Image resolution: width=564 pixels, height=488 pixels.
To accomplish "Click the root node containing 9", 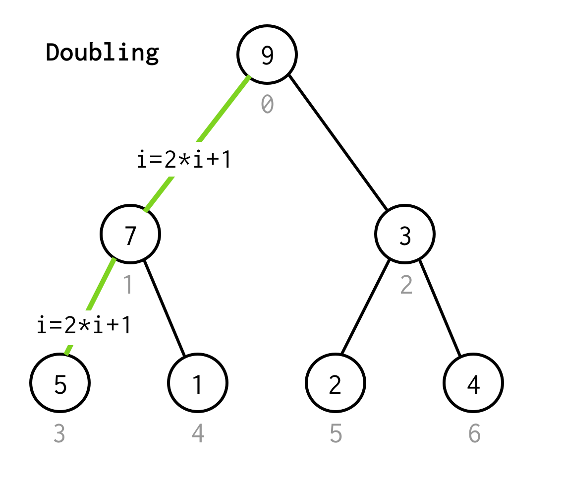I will click(267, 55).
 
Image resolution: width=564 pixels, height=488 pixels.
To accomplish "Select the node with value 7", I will click(130, 234).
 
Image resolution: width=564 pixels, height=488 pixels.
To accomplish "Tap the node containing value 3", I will click(405, 234).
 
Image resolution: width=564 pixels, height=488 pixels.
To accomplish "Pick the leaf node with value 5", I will click(60, 383).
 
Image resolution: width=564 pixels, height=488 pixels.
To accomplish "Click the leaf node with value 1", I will click(198, 383).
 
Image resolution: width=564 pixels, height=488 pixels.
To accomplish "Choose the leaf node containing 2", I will click(336, 383).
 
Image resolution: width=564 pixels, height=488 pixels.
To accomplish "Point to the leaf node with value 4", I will click(473, 383).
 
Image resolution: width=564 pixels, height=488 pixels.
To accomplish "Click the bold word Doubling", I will click(103, 52).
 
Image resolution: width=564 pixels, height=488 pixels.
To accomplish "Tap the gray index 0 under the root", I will click(267, 104).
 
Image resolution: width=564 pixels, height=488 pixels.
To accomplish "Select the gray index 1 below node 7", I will click(128, 285).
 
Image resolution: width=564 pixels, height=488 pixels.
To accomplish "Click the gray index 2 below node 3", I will click(406, 285).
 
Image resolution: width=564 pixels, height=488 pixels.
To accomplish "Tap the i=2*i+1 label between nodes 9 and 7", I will click(184, 160).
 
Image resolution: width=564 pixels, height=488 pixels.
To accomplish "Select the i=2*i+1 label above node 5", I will click(84, 325).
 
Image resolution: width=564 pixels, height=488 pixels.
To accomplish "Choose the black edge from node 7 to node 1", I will click(165, 307).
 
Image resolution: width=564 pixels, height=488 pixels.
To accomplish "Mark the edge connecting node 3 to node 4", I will click(440, 307).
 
